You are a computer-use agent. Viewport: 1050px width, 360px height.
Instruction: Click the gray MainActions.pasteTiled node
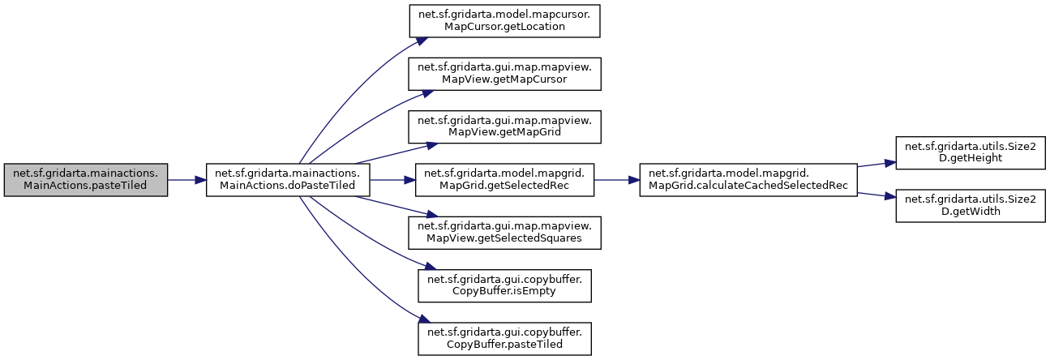pos(86,180)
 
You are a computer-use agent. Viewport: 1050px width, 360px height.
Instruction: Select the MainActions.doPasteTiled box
pos(288,180)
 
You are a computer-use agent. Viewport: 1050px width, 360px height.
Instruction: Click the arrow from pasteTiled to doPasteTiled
pos(186,180)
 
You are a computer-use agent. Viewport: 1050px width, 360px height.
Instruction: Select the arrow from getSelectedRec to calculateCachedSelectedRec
pos(619,180)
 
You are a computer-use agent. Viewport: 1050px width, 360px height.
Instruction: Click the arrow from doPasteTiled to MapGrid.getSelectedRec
pos(393,180)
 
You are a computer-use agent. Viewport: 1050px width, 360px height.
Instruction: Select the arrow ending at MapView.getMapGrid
pos(389,153)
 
